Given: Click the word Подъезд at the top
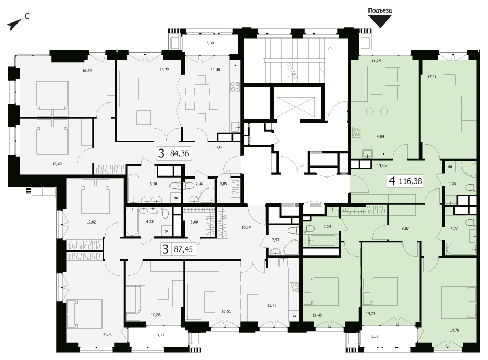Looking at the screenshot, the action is (380, 10).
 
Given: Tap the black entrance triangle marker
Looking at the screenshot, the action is (380, 21).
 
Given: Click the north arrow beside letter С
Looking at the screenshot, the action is (14, 24).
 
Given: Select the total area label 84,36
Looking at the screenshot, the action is (179, 153).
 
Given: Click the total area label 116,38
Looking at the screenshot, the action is (410, 181).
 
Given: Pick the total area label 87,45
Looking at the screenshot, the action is (183, 249).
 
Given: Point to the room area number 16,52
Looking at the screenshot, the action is (87, 71).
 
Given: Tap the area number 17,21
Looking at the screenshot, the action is (432, 77).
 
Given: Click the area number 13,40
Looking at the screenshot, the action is (215, 70).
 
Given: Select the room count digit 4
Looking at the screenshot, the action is (392, 181).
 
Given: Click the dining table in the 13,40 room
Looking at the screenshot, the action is (202, 99).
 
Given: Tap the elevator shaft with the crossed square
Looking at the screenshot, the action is (296, 107).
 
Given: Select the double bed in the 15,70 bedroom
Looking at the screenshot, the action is (84, 313).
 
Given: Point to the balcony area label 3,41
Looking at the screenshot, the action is (161, 335).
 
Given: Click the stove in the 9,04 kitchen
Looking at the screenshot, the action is (356, 132).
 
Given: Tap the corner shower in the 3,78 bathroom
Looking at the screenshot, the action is (469, 169).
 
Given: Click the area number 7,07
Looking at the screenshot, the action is (405, 228).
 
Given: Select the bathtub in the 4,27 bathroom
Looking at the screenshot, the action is (461, 249).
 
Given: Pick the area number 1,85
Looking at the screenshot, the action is (224, 184).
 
